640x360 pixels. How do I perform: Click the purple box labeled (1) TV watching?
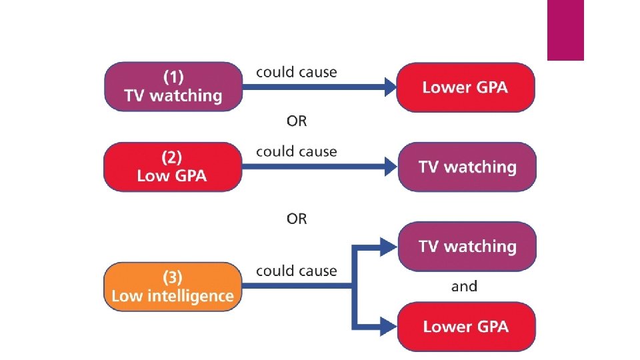[173, 87]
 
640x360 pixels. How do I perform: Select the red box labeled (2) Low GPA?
[172, 167]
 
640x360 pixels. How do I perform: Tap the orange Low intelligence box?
[173, 287]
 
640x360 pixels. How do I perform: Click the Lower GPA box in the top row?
[465, 87]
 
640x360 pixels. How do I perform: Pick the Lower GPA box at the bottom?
[466, 326]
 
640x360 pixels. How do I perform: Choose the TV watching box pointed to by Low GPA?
[467, 167]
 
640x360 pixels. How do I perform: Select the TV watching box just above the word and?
[467, 246]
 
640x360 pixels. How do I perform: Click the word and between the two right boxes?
[464, 287]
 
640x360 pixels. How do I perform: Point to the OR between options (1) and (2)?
[297, 121]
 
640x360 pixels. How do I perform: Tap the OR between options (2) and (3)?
[297, 219]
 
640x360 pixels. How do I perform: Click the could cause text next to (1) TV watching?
[297, 72]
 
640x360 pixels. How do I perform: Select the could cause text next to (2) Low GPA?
[297, 151]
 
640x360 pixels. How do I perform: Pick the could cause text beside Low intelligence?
[297, 271]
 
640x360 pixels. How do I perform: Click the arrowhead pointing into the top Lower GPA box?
[389, 87]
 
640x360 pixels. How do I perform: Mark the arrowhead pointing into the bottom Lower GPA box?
[389, 326]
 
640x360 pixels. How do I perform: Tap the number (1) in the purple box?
[173, 77]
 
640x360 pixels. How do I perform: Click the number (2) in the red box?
[172, 157]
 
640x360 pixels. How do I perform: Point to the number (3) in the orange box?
[173, 277]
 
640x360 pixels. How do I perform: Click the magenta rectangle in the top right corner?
[565, 30]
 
